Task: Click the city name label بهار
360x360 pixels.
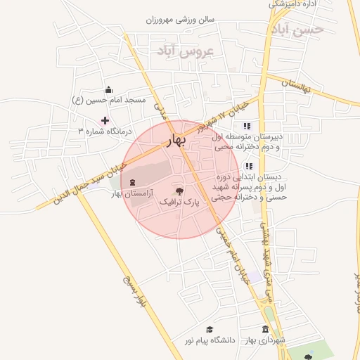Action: click(176, 141)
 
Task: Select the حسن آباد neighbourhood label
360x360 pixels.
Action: click(297, 30)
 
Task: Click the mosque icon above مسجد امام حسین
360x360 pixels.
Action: click(108, 89)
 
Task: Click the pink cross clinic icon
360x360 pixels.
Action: click(105, 120)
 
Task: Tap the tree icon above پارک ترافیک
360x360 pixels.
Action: click(179, 190)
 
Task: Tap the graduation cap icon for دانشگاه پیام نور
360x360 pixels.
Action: click(209, 329)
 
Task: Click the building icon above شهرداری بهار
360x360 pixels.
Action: click(265, 329)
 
